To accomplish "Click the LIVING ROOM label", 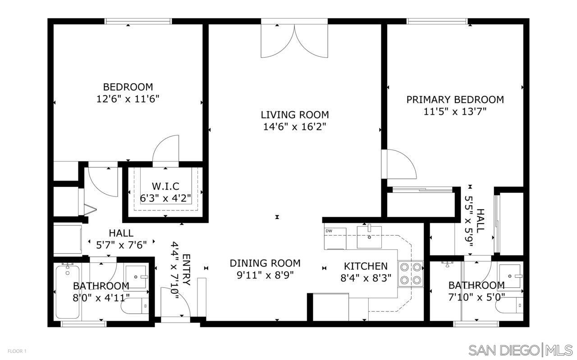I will click(295, 114).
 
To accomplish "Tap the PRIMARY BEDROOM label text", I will click(455, 100).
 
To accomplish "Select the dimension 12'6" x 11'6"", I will click(128, 99).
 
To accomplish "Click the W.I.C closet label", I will click(165, 186).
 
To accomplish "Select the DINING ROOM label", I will click(265, 263).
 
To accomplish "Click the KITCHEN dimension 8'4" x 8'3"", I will click(366, 278).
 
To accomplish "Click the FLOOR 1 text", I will click(17, 351).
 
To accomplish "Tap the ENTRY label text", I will click(186, 270).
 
